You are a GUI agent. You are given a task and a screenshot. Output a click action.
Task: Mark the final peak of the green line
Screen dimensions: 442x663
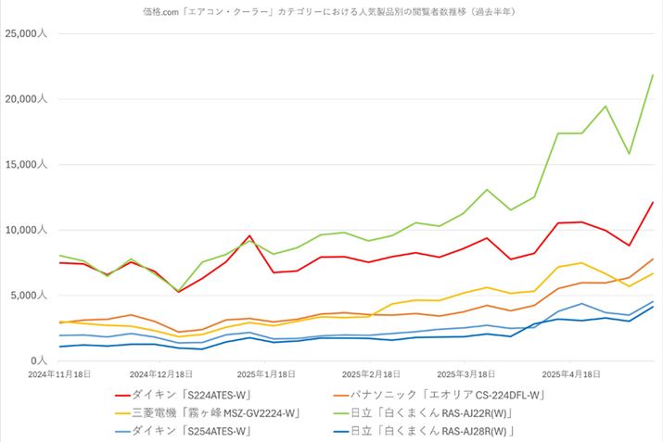click(x=653, y=75)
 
